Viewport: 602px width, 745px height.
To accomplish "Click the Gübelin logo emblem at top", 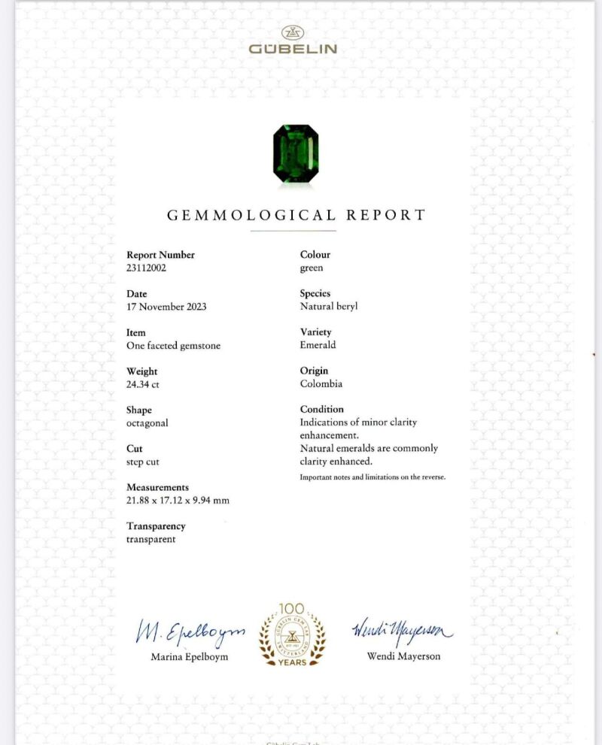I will click(x=293, y=32).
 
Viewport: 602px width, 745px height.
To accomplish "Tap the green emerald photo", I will click(x=295, y=153).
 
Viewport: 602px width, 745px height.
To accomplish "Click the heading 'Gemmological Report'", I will click(x=296, y=215).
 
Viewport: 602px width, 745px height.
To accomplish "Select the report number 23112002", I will click(x=146, y=268).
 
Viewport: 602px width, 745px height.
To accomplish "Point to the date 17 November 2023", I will click(x=166, y=307).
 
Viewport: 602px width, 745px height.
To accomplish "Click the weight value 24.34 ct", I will click(x=143, y=384).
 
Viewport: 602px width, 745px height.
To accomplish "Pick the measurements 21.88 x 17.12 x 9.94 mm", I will click(x=178, y=501).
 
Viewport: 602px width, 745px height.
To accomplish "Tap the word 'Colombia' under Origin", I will click(x=321, y=383).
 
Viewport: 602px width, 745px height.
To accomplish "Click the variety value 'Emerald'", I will click(x=318, y=345).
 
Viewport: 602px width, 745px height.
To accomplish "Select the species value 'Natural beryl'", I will click(x=329, y=307).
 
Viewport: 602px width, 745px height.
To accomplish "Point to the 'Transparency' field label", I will click(x=156, y=526).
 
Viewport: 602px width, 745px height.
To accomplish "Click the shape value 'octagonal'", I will click(x=147, y=423).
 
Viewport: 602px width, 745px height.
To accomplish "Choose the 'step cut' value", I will click(x=143, y=462).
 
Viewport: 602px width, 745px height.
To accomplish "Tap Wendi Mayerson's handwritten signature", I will click(x=403, y=629).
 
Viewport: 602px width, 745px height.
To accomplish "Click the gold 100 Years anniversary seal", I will click(x=293, y=634).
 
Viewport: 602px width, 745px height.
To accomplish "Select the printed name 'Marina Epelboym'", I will click(x=190, y=656).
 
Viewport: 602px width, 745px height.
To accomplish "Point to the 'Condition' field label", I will click(x=322, y=409).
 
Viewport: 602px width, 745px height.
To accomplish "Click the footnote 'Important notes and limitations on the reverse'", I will click(x=372, y=477).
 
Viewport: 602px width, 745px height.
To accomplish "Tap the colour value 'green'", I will click(x=312, y=268).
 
